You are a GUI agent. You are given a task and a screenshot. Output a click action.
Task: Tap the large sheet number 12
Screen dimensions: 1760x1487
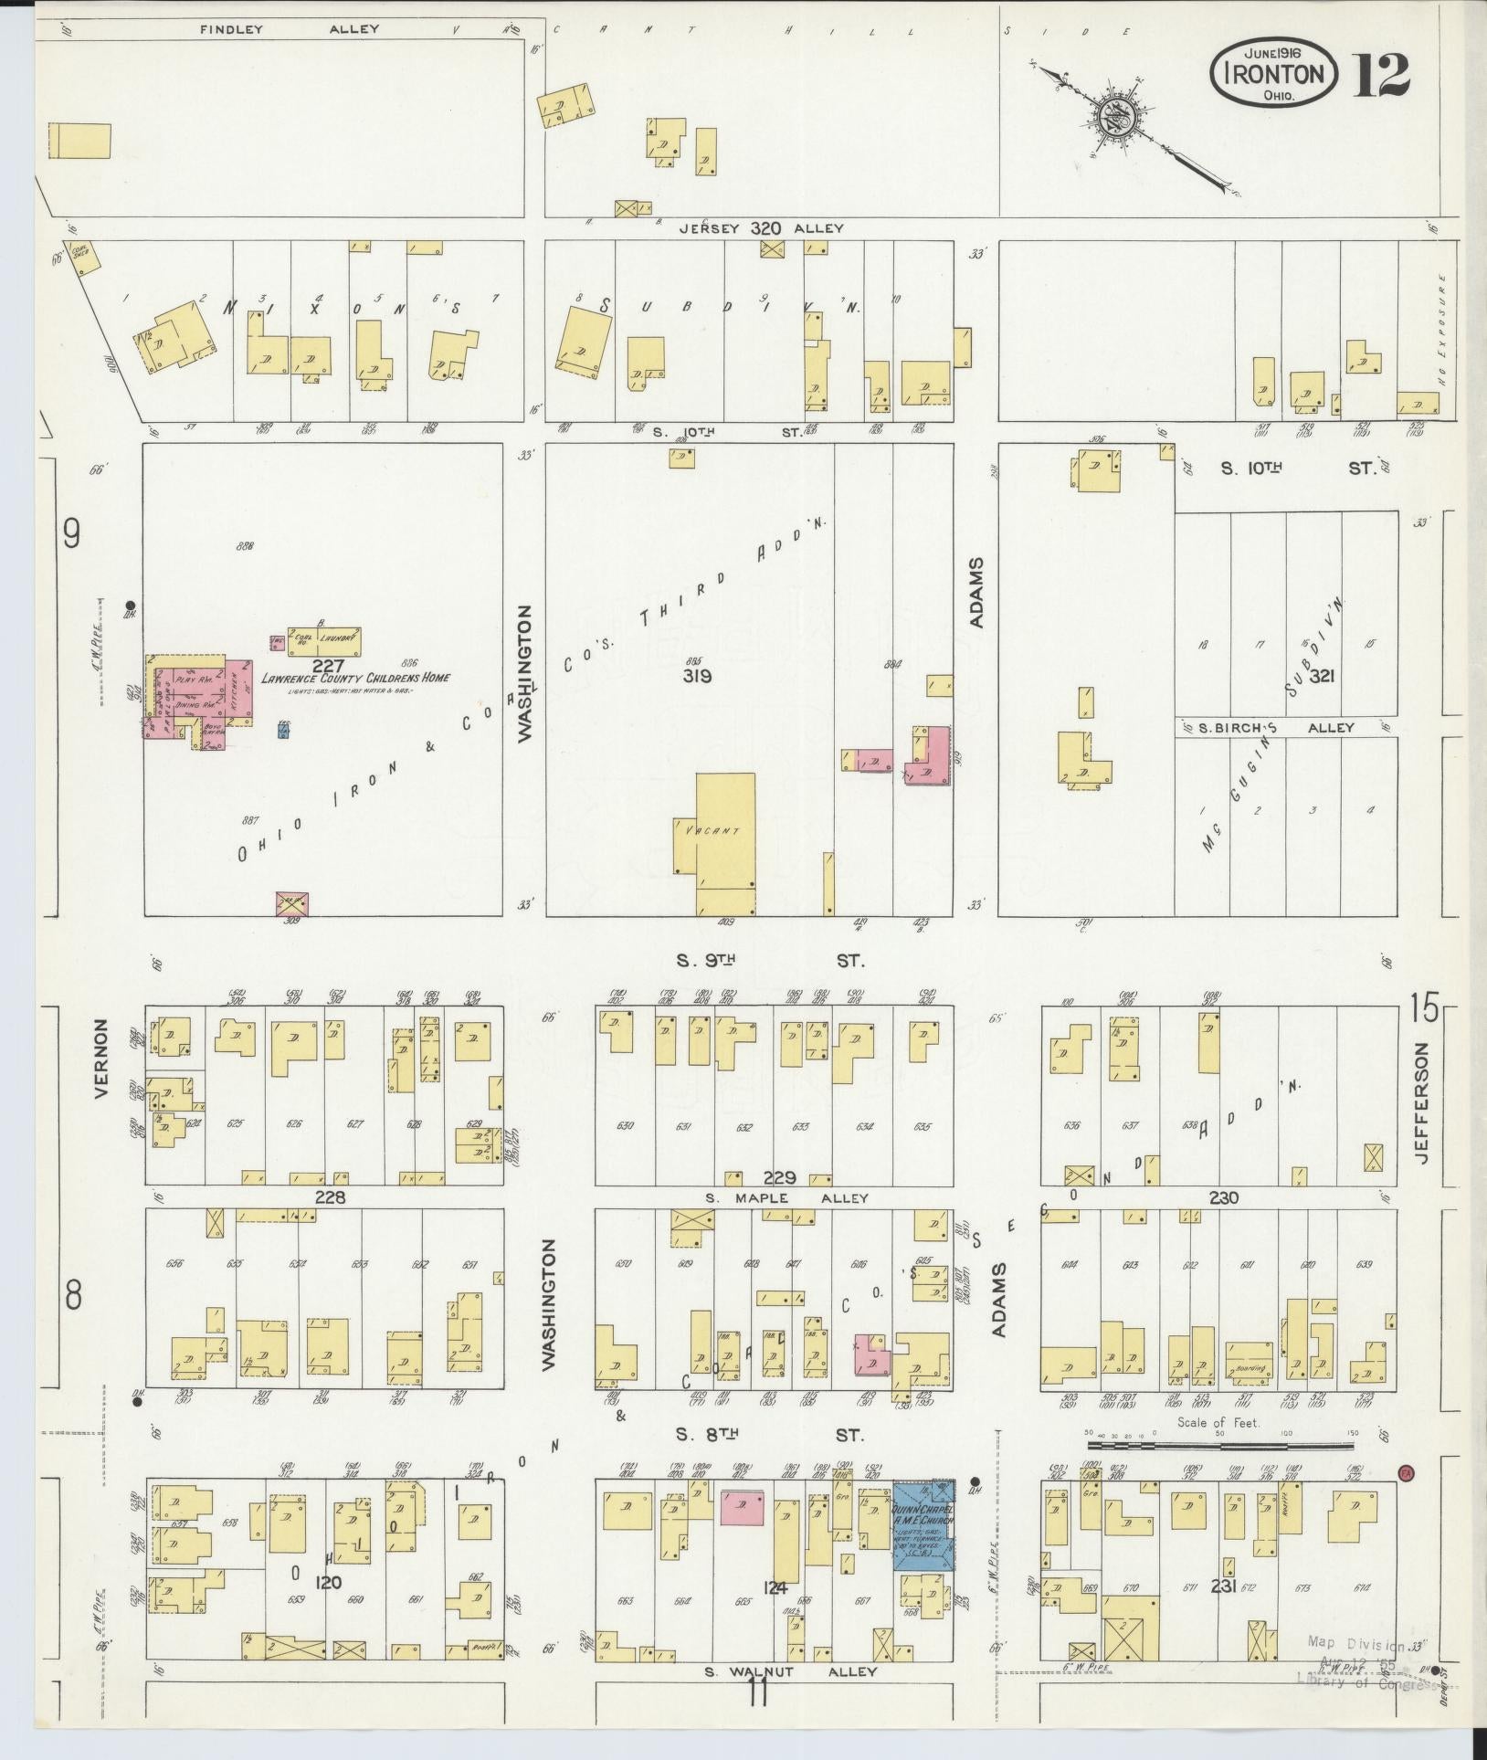(x=1380, y=76)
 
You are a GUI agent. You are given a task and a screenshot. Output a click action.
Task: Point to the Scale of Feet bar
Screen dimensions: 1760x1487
(x=1220, y=1446)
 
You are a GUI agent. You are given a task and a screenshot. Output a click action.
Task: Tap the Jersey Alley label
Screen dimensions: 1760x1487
(x=760, y=228)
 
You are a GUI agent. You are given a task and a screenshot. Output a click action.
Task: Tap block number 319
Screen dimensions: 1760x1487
(x=697, y=677)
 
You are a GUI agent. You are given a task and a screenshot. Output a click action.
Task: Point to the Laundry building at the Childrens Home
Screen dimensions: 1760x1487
(x=325, y=641)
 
